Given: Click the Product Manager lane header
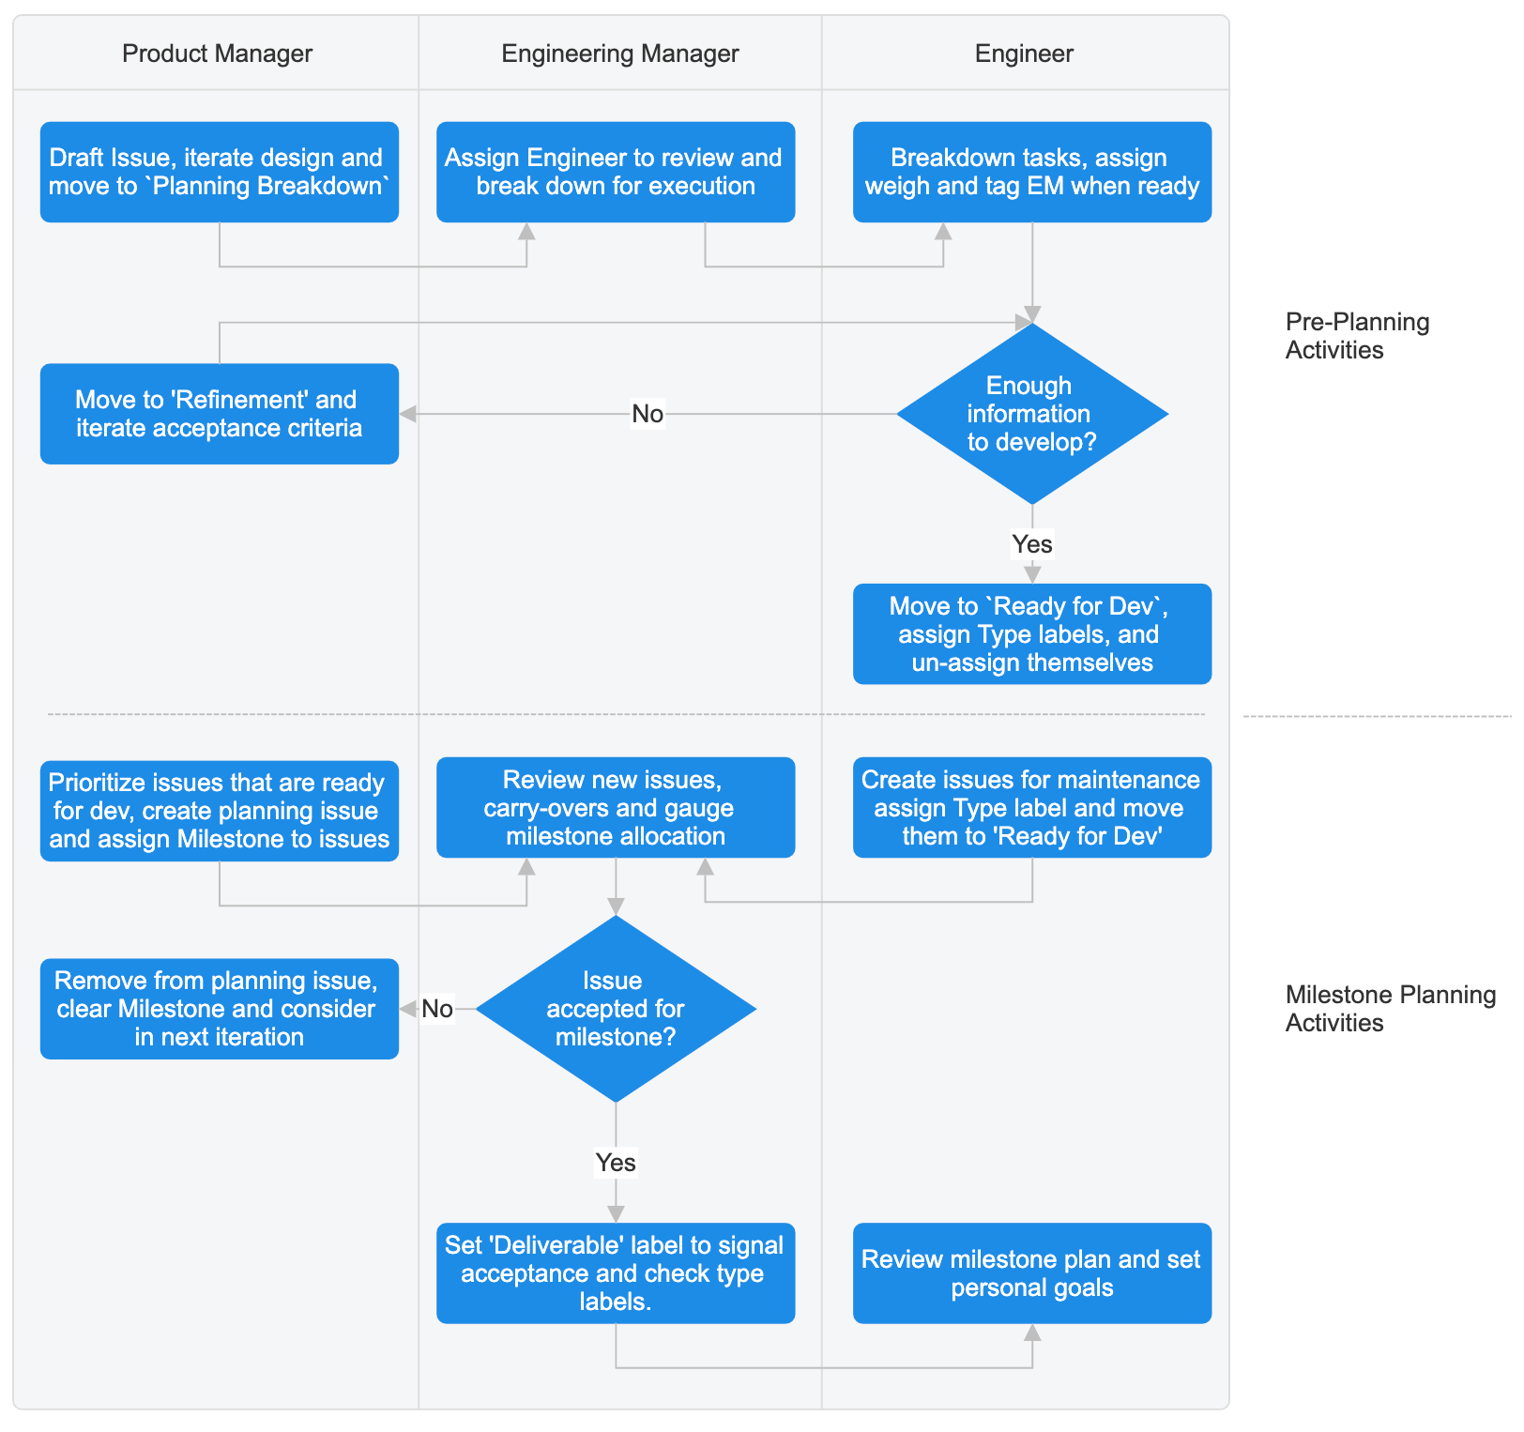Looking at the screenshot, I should coord(217,53).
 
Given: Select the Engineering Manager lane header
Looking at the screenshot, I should coord(619,53).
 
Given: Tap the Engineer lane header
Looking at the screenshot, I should coord(1024,53).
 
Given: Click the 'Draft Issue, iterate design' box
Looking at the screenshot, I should coord(219,172).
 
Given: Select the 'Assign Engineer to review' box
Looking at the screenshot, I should coord(616,172).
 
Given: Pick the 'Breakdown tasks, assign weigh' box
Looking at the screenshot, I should coord(1031,172).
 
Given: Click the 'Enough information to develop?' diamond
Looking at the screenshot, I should coord(1031,414).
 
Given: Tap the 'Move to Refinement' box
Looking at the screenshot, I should coord(219,414).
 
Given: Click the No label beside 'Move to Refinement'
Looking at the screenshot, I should coord(648,414).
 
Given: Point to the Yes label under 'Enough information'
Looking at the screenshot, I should coord(1031,544).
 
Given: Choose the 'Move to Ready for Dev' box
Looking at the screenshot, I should coord(1031,634).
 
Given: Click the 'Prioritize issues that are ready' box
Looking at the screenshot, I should coord(219,811).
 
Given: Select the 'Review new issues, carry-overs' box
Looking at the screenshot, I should coord(616,808).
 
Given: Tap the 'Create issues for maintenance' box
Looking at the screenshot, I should coord(1031,808).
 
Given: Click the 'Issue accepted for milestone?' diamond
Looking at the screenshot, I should coord(616,1009).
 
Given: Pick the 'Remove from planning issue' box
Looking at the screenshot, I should coord(219,1009).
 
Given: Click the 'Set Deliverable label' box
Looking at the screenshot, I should coord(616,1273).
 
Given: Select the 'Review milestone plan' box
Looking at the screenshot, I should coord(1031,1273).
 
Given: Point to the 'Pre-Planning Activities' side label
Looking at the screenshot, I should coord(1356,336).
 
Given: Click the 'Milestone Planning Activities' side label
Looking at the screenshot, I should coord(1390,1009).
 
